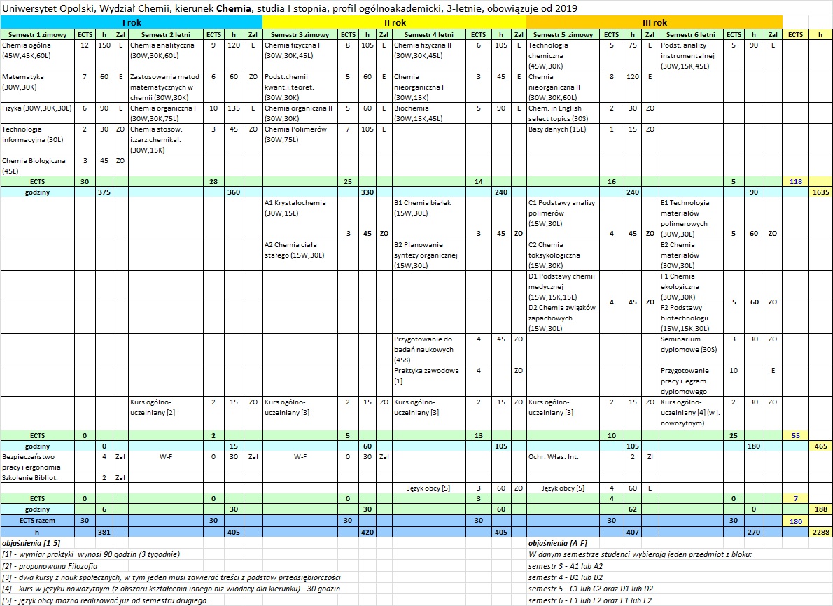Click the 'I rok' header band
(131, 22)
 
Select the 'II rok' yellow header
(394, 22)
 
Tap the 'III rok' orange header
(654, 22)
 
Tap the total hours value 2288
(820, 532)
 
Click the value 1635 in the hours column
(820, 191)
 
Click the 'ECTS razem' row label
(38, 521)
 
